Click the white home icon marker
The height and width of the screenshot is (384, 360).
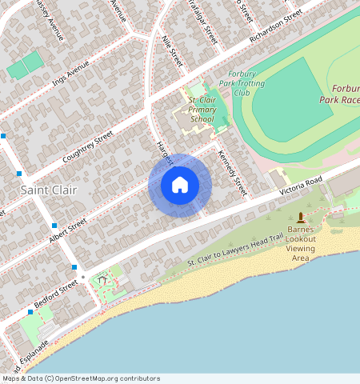click(180, 186)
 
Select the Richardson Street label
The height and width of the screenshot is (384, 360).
click(275, 26)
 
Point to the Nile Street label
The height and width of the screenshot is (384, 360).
click(172, 50)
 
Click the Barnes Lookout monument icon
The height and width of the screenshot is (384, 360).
click(302, 218)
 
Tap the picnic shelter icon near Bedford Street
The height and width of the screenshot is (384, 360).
click(102, 280)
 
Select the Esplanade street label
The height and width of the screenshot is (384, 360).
click(27, 356)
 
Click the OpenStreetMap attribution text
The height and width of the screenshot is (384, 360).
click(81, 378)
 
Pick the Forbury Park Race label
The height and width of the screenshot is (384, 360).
click(339, 94)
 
